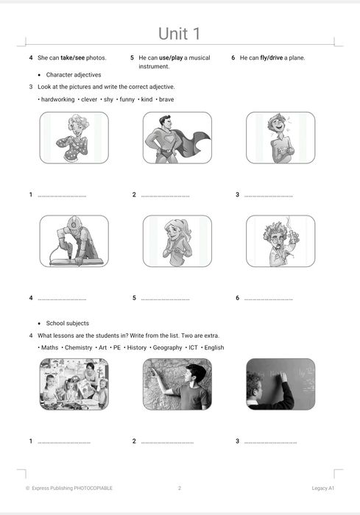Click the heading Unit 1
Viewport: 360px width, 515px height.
(179, 34)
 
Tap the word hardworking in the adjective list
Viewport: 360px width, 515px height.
(58, 99)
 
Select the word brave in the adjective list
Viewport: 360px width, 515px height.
(166, 99)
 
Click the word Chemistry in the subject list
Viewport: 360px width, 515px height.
(78, 347)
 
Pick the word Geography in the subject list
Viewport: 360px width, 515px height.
(167, 347)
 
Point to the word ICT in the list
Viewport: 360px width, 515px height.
(193, 347)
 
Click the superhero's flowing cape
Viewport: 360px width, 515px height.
(194, 141)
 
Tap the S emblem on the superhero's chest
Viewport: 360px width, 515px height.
(169, 141)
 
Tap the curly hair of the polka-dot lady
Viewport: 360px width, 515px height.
(78, 122)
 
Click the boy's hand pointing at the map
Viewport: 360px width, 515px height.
(154, 371)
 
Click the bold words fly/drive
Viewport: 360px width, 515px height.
(271, 58)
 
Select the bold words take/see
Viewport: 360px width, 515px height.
(72, 58)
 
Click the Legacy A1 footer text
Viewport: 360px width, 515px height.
(323, 488)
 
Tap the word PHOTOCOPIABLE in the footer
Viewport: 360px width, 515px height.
(93, 488)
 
